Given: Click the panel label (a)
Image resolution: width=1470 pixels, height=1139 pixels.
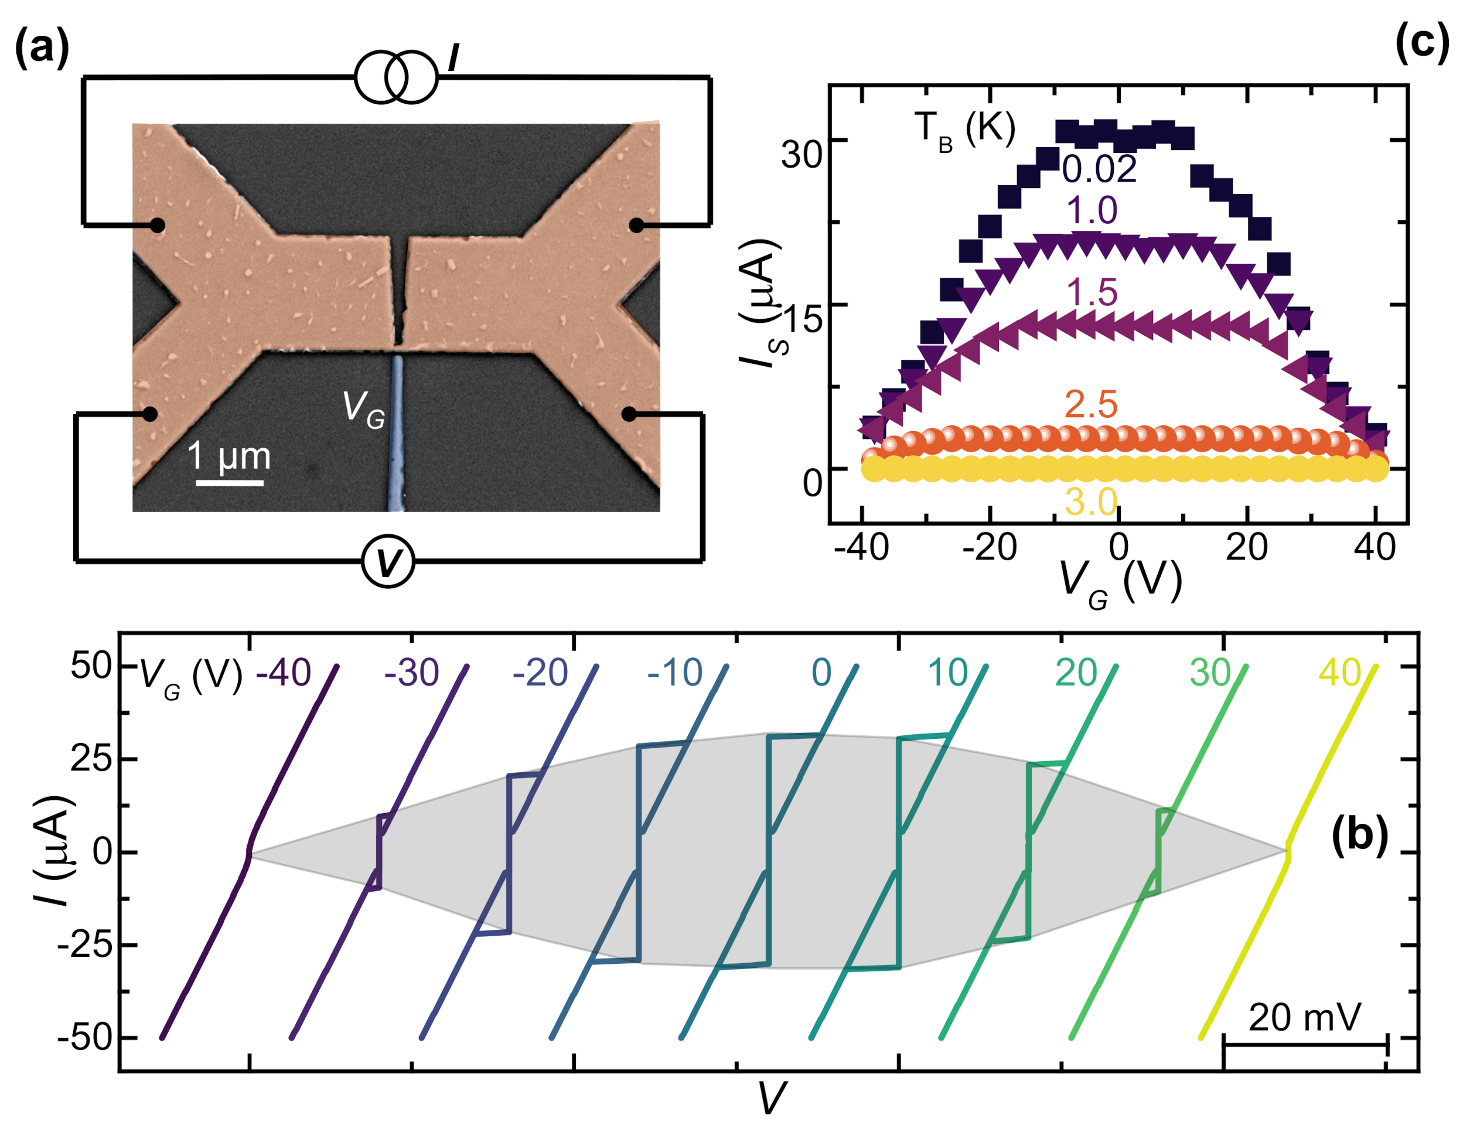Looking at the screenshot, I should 42,49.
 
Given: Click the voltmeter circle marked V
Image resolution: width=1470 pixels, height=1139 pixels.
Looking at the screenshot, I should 387,563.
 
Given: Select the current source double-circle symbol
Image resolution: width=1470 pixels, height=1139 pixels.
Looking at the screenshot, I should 396,77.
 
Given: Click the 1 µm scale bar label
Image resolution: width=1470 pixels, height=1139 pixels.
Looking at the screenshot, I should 229,456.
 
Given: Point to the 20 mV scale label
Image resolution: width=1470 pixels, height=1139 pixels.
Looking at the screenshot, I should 1304,1017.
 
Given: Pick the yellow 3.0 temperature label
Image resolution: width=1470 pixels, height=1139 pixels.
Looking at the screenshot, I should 1091,502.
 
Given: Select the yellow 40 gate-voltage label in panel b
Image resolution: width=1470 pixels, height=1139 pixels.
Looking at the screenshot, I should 1339,673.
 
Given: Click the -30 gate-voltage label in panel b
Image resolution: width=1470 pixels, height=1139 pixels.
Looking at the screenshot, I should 411,673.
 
